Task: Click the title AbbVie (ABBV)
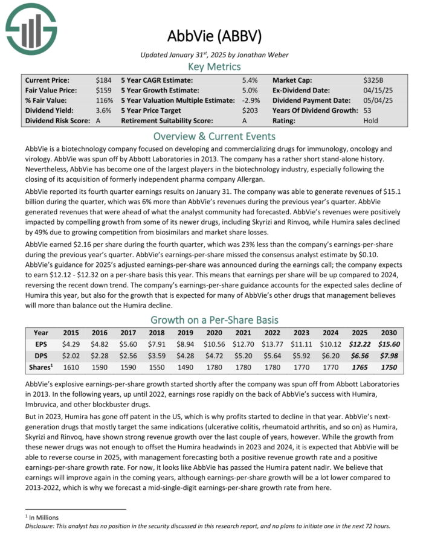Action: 214,36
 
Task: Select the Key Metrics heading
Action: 214,66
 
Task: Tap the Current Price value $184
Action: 103,80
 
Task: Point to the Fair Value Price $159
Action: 103,90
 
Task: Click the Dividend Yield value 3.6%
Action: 103,111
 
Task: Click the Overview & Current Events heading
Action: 214,136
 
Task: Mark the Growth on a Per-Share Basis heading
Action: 214,320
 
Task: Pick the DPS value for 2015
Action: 70,354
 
